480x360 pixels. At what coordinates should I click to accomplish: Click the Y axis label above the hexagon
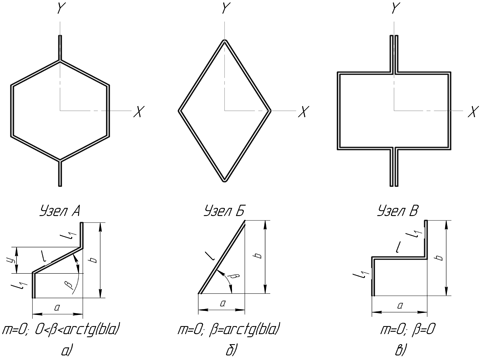click(60, 9)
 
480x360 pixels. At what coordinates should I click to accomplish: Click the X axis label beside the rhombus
click(303, 112)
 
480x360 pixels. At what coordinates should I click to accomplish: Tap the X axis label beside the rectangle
click(473, 112)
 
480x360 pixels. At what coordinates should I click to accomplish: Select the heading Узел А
click(60, 211)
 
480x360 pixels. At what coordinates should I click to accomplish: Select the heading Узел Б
click(225, 211)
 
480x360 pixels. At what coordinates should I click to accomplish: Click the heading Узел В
click(398, 211)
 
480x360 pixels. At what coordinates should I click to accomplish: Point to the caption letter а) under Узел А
click(67, 351)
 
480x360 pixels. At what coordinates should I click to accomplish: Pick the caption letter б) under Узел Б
click(231, 351)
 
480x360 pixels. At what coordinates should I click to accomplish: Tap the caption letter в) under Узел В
click(400, 351)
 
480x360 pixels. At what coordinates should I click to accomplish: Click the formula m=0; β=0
click(408, 330)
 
